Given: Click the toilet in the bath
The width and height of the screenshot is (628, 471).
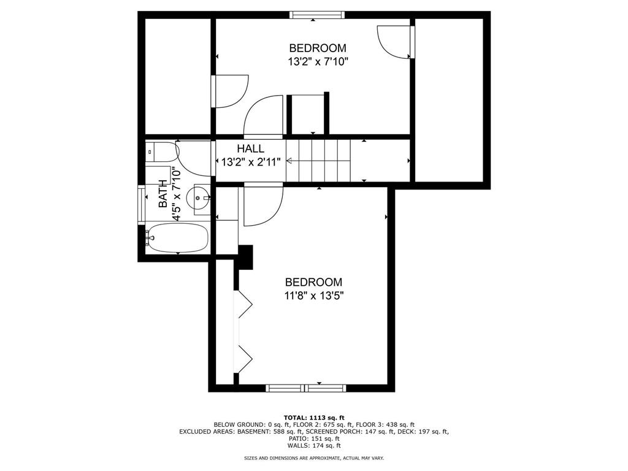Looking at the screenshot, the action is [x=162, y=152].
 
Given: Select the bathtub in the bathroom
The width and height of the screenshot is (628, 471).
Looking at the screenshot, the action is [x=177, y=238].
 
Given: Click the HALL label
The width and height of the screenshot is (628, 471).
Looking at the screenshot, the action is [x=251, y=148].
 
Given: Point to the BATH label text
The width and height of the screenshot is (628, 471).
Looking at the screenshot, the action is [x=163, y=194].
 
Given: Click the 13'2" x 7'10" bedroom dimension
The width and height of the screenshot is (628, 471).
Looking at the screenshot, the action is [x=318, y=62].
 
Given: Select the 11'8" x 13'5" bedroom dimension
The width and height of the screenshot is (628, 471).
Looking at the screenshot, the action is [x=314, y=296].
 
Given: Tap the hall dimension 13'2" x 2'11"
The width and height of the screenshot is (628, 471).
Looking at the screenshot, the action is [x=251, y=162].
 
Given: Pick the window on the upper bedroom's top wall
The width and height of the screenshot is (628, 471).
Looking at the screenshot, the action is [x=317, y=15].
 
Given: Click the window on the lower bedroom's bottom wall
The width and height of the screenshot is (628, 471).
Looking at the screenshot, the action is [x=306, y=388].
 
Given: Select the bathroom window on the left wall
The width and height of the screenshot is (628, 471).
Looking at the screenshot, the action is [x=141, y=204].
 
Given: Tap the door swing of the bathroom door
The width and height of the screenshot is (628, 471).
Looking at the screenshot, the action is [x=193, y=159].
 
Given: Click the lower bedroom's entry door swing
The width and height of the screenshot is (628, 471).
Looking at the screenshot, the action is [x=263, y=205].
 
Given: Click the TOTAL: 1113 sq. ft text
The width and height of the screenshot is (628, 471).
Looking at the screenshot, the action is [x=314, y=417].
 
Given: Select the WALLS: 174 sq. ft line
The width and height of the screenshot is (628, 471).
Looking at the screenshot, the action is [x=314, y=445].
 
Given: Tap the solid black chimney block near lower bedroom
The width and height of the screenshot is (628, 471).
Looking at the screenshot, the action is [x=246, y=257].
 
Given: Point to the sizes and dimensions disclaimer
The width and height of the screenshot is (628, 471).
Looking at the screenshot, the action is [x=314, y=458].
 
